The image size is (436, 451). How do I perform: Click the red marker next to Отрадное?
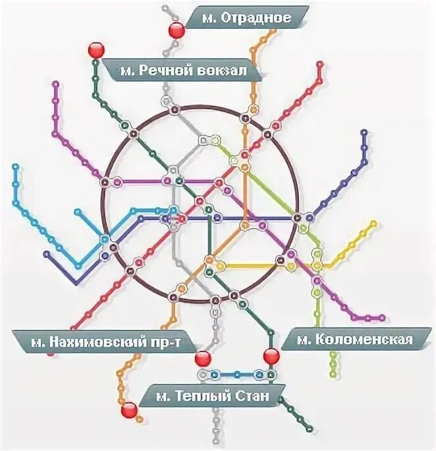(x=177, y=30)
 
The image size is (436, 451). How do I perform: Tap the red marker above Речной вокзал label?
(x=96, y=50)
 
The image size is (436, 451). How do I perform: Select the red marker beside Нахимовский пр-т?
(x=203, y=359)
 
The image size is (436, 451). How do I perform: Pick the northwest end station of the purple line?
(x=55, y=84)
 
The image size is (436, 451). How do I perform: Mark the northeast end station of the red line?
(x=319, y=64)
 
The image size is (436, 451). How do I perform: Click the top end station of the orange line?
(x=272, y=30)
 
